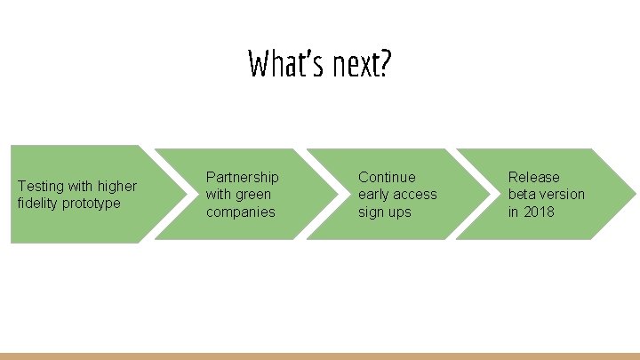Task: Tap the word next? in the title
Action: [x=359, y=64]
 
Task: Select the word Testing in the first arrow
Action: [x=40, y=187]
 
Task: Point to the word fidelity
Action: [x=36, y=204]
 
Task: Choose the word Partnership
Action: [x=242, y=177]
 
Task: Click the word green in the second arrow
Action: [x=253, y=194]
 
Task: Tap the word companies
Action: [x=241, y=212]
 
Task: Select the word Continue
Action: [x=387, y=177]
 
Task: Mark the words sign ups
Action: [x=385, y=212]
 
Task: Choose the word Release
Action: [x=534, y=177]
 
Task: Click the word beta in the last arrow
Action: [x=523, y=194]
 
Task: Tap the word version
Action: [x=564, y=194]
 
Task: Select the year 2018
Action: [x=539, y=212]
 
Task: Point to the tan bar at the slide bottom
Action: [x=320, y=356]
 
